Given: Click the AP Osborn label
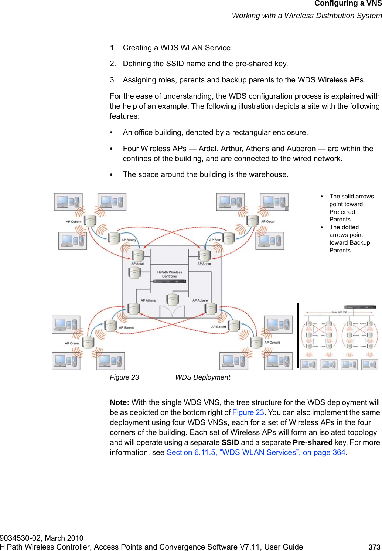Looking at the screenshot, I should (x=74, y=222).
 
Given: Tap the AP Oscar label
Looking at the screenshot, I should (x=268, y=222).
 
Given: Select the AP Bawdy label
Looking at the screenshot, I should (x=129, y=240).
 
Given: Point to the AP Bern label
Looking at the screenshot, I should (x=215, y=240).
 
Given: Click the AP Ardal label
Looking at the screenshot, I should (x=137, y=263).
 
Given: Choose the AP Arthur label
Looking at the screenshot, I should (x=204, y=263).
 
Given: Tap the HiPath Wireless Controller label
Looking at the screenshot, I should (x=170, y=274).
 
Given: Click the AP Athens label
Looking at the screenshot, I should (x=148, y=300).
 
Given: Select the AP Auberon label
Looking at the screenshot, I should (x=201, y=300).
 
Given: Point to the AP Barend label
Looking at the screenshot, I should (x=126, y=327).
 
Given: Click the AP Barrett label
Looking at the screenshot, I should (x=218, y=327).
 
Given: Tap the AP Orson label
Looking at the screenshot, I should (x=72, y=343).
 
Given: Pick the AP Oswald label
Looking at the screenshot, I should (x=272, y=343).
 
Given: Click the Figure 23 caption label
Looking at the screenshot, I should (x=125, y=377).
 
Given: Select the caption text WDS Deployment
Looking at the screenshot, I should (x=202, y=377).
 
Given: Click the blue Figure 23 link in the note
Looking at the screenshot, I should (x=248, y=412).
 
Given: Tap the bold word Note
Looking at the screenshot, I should (x=119, y=402).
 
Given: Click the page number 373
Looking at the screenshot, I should (x=374, y=547).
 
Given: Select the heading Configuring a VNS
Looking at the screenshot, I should (x=348, y=4).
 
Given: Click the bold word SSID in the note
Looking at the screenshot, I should (x=230, y=442).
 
